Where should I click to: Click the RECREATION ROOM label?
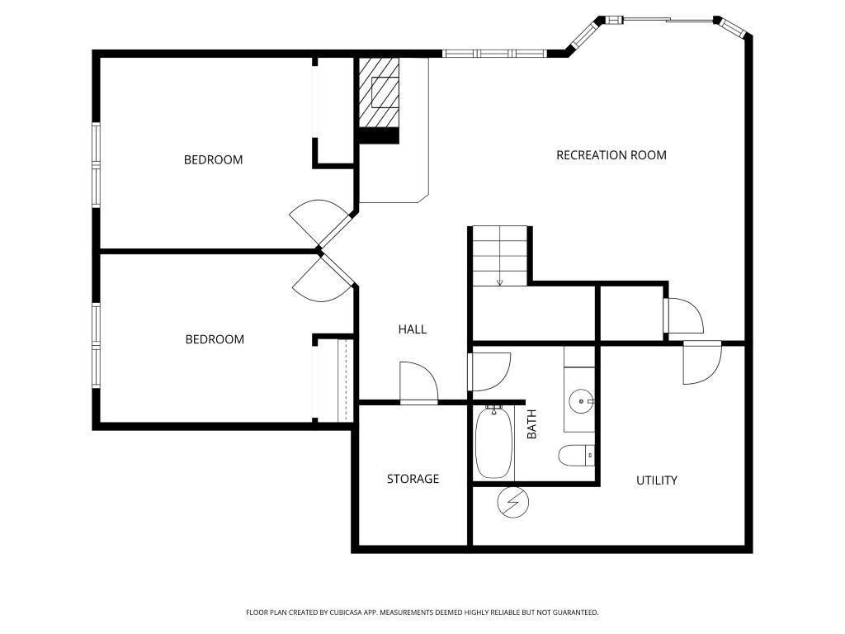pyautogui.click(x=611, y=155)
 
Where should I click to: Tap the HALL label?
pyautogui.click(x=413, y=329)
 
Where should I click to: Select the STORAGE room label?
pyautogui.click(x=413, y=479)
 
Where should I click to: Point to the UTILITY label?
pyautogui.click(x=656, y=480)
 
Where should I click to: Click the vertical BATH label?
pyautogui.click(x=532, y=424)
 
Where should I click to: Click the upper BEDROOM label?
pyautogui.click(x=214, y=160)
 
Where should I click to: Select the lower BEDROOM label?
pyautogui.click(x=215, y=339)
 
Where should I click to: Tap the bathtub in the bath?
pyautogui.click(x=493, y=442)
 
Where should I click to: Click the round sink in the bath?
pyautogui.click(x=581, y=402)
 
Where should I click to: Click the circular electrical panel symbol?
pyautogui.click(x=512, y=503)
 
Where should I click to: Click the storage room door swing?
pyautogui.click(x=418, y=383)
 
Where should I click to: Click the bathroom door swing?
pyautogui.click(x=489, y=372)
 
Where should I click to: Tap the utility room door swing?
pyautogui.click(x=702, y=362)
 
